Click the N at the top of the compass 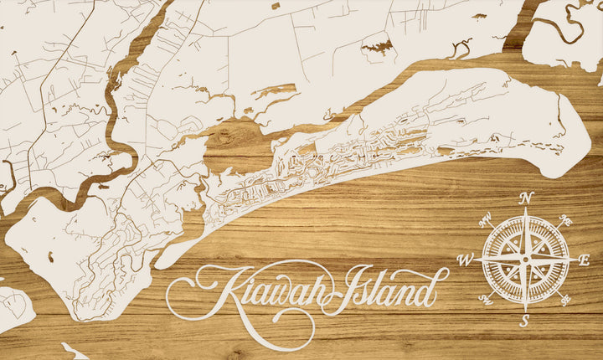click(x=527, y=198)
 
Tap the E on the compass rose click(x=585, y=260)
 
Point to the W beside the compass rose click(x=466, y=260)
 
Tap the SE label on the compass click(x=566, y=298)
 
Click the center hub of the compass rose click(x=526, y=260)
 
